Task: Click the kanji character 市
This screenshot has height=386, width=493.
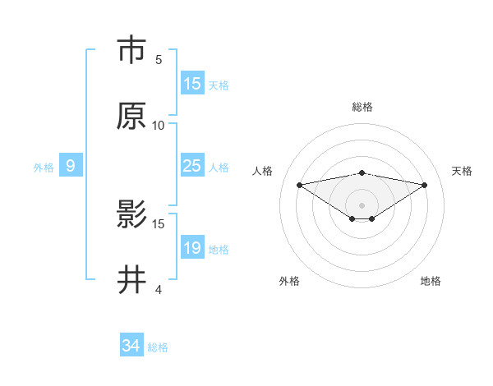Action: pos(131,50)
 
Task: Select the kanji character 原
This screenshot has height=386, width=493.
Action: pos(131,116)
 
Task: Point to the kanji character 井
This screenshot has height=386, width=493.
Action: pos(131,280)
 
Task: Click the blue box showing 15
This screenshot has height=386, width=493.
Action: pos(191,84)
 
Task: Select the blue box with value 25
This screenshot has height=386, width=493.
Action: pos(191,166)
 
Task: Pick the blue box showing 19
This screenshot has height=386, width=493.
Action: pos(191,248)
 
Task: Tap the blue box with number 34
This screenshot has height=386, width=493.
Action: pos(131,346)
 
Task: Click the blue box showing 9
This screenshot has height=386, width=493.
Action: pos(71,166)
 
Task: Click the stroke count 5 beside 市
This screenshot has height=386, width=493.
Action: pos(159,59)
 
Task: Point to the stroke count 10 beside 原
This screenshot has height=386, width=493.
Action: pos(159,125)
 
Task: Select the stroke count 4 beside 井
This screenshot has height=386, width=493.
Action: pos(159,289)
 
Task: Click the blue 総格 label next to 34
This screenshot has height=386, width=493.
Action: pos(158,347)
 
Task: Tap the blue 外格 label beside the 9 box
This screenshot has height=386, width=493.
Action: pos(44,167)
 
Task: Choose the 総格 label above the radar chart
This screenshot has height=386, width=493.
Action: pos(362,107)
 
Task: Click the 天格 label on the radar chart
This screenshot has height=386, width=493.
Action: pos(462,170)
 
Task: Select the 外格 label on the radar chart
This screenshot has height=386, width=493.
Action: pos(289,281)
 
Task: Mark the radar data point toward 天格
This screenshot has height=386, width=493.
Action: pos(425,185)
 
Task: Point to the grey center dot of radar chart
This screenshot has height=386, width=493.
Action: pos(362,204)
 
